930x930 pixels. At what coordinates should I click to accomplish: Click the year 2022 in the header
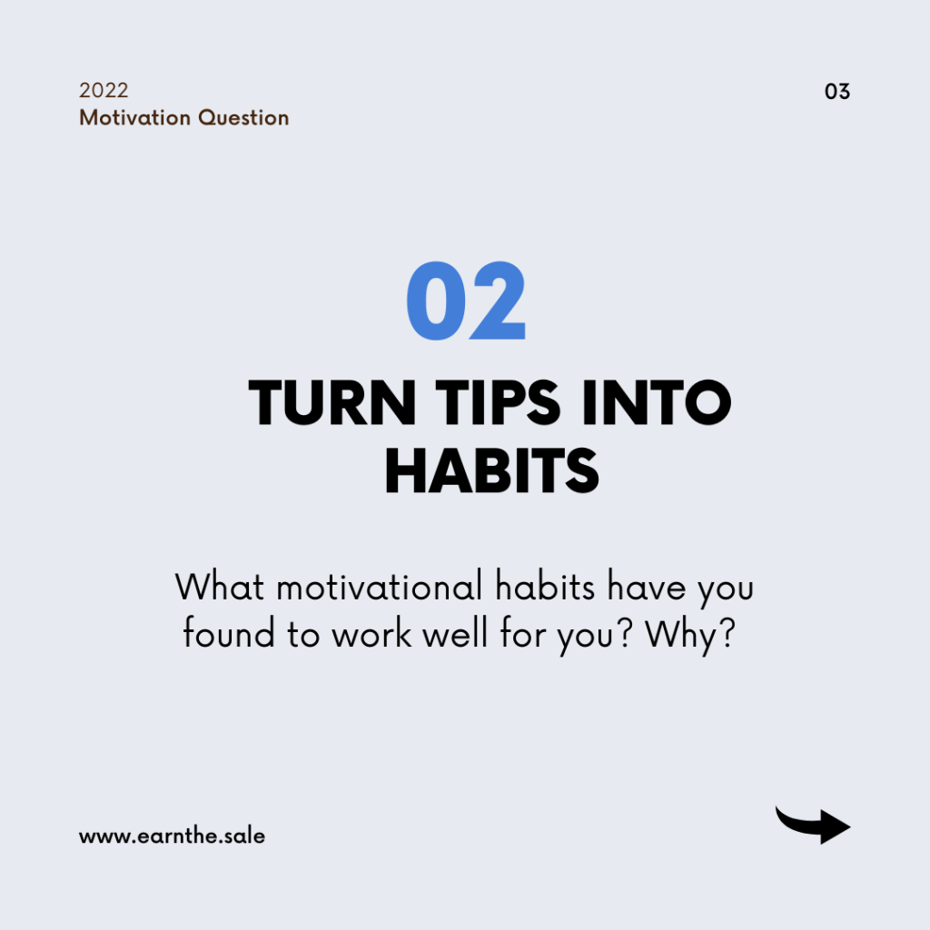pyautogui.click(x=104, y=90)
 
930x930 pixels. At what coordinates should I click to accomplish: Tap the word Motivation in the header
pyautogui.click(x=135, y=117)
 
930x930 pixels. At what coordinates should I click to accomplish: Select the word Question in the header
pyautogui.click(x=243, y=118)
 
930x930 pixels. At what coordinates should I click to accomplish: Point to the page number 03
pyautogui.click(x=836, y=92)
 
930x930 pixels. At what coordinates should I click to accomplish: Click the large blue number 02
pyautogui.click(x=466, y=301)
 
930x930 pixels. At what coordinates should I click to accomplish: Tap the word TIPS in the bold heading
pyautogui.click(x=499, y=402)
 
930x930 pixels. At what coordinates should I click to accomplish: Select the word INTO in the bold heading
pyautogui.click(x=657, y=402)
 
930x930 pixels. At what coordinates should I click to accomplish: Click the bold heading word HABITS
pyautogui.click(x=491, y=471)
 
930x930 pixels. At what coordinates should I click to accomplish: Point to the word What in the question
pyautogui.click(x=220, y=588)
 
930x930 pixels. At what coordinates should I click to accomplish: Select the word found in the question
pyautogui.click(x=229, y=632)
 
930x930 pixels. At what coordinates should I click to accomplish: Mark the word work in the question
pyautogui.click(x=371, y=633)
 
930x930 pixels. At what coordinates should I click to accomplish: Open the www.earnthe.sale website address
pyautogui.click(x=172, y=836)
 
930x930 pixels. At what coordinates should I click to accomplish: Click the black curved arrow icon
pyautogui.click(x=813, y=825)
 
